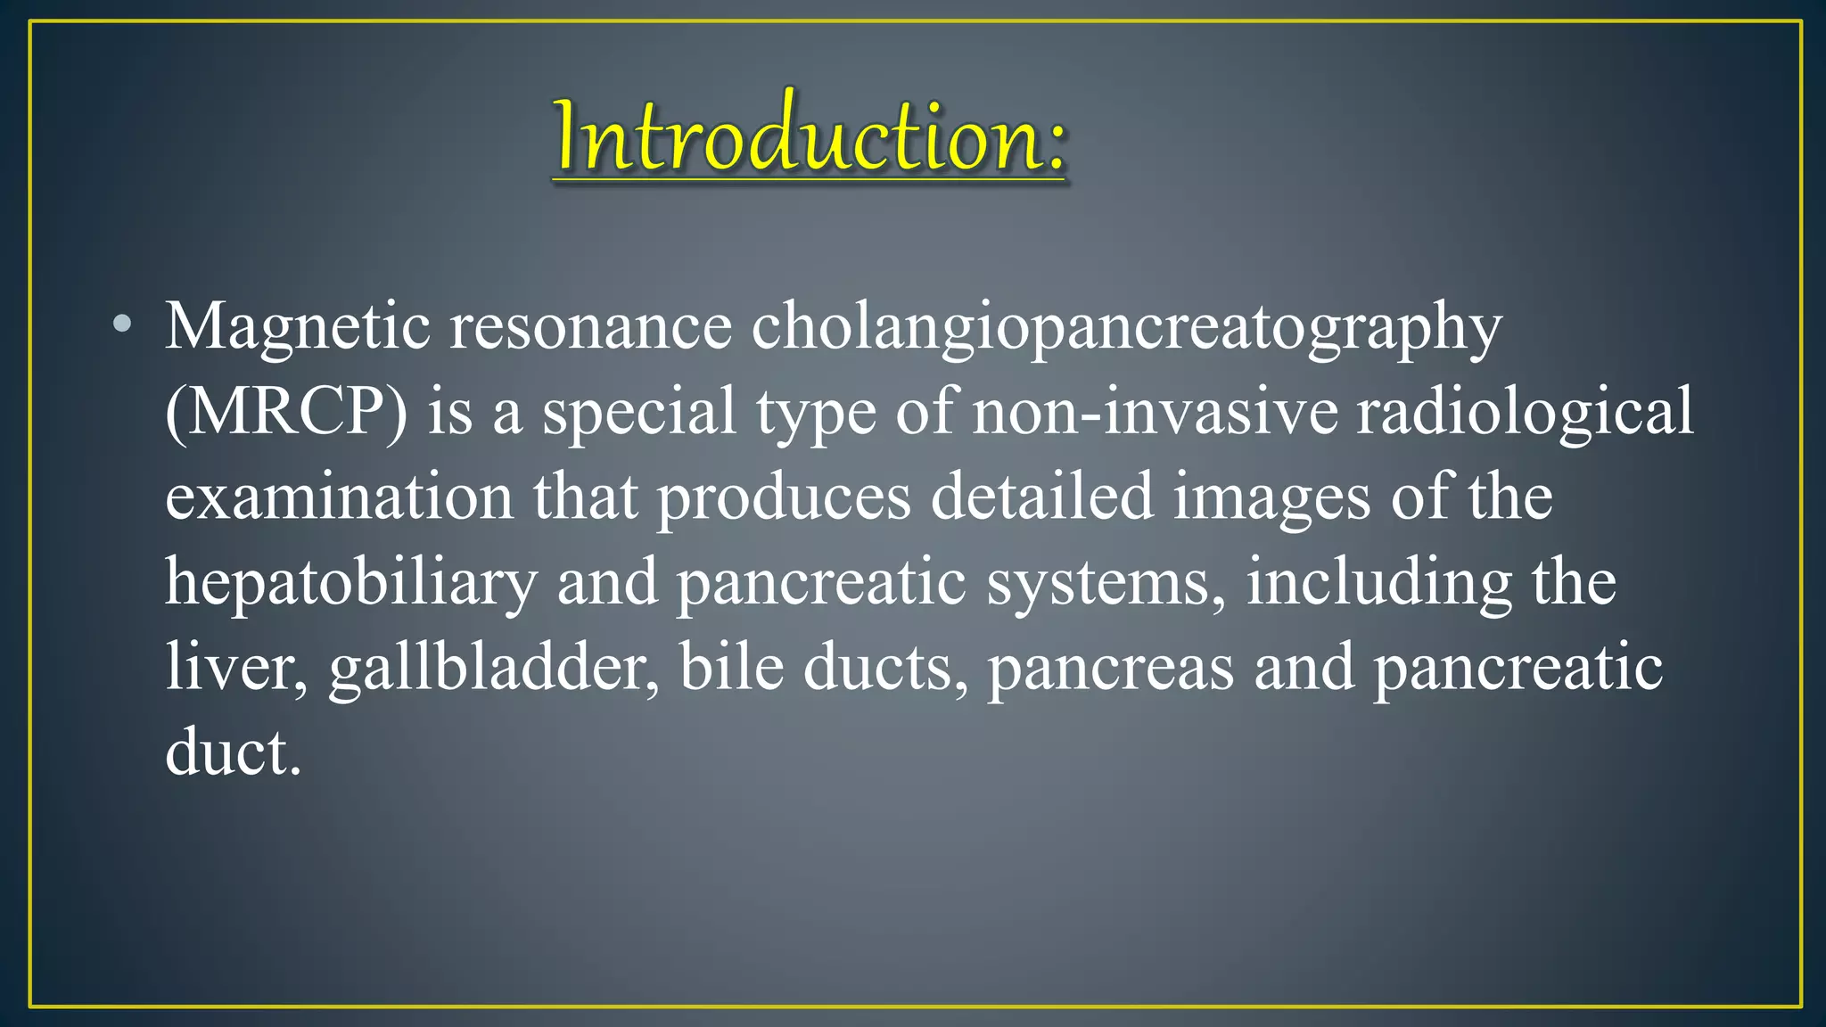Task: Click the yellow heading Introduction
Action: tap(809, 136)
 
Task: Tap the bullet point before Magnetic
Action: tap(123, 325)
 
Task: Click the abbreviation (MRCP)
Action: tap(286, 412)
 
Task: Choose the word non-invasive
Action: tap(1155, 412)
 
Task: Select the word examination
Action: tap(340, 497)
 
